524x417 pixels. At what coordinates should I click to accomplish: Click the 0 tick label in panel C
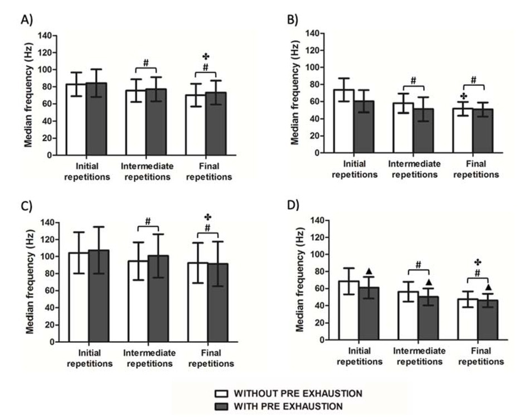(51, 342)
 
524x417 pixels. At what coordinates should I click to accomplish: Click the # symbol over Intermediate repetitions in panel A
(146, 62)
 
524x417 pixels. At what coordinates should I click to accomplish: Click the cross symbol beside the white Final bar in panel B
(462, 95)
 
